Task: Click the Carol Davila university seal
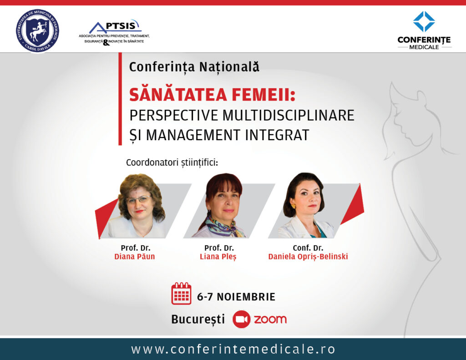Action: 37,30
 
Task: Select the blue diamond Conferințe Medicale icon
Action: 424,21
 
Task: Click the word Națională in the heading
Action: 229,66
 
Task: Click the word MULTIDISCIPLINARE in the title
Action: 288,115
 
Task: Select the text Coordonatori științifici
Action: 172,162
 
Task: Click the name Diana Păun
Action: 135,256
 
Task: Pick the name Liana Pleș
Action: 218,257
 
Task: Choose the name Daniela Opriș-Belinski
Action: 308,257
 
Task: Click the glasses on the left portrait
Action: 138,199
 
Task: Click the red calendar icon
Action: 181,294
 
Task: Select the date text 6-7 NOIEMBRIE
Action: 236,297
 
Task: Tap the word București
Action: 198,319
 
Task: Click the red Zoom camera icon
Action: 241,319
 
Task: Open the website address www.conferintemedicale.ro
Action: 233,349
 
